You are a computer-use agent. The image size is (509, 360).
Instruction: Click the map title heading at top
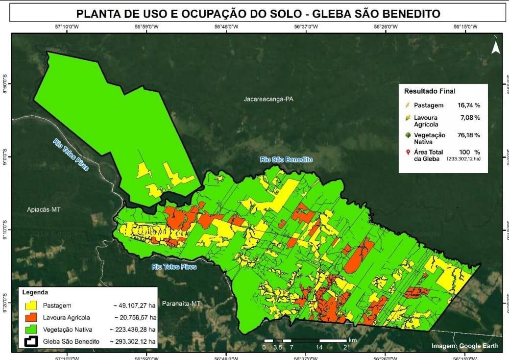tap(254, 13)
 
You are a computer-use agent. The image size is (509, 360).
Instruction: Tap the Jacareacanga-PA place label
tap(268, 99)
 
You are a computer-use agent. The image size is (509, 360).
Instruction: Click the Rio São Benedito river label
tap(286, 159)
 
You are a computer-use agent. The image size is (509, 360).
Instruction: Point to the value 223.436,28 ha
tap(132, 329)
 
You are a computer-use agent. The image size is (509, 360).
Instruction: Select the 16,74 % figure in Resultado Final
tap(469, 105)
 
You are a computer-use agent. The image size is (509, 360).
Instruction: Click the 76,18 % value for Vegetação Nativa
tap(469, 135)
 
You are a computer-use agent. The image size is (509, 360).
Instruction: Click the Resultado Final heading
tap(429, 91)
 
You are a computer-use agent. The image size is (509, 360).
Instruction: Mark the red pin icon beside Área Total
tap(407, 153)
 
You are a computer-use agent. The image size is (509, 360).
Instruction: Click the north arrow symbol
tap(495, 47)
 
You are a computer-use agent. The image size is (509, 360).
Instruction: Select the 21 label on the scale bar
tap(346, 347)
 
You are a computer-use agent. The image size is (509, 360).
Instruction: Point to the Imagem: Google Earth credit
tap(465, 346)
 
